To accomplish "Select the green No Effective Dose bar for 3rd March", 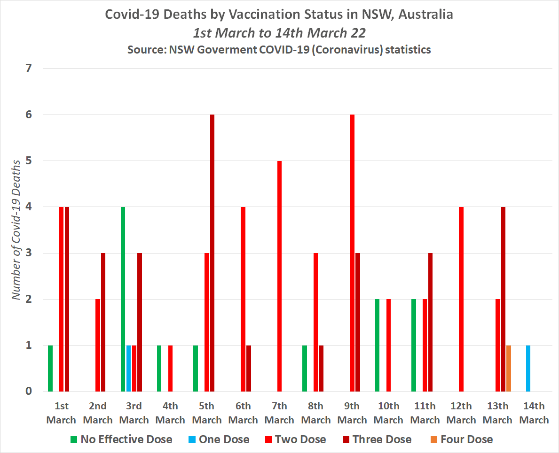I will coord(123,299).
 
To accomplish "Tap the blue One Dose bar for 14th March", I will coord(528,368).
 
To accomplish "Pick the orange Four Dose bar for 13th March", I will coord(509,368).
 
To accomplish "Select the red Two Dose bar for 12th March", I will coord(461,299).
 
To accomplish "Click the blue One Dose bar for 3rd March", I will coord(128,368).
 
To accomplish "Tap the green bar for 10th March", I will coord(377,345).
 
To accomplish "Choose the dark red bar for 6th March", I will coord(249,368).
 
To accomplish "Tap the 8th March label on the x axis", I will coord(316,413).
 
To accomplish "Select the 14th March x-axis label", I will coord(534,413).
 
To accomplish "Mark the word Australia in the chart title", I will coord(427,15).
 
